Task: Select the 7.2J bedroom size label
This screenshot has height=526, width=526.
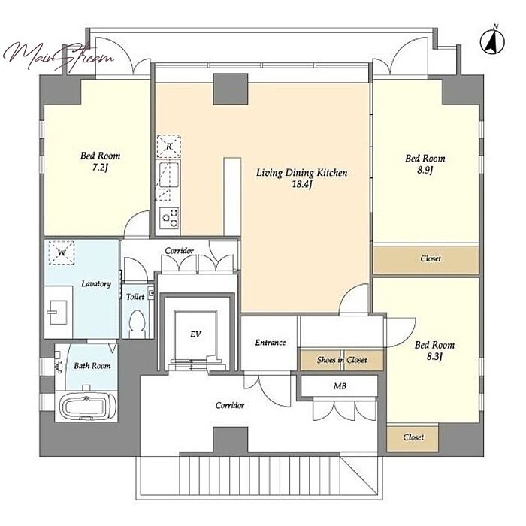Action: [100, 168]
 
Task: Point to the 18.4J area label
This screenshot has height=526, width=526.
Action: [302, 184]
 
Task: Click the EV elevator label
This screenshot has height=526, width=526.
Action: [195, 334]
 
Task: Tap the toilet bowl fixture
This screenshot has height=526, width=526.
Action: [138, 323]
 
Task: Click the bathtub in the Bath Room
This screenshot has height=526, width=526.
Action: [86, 407]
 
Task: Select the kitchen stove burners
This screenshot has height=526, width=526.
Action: [169, 218]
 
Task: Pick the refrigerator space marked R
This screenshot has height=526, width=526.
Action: [169, 147]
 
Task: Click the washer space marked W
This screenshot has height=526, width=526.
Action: [62, 252]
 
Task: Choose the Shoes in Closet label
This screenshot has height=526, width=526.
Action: [342, 360]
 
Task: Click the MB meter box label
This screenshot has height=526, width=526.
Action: [340, 386]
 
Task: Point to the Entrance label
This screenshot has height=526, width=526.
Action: [271, 343]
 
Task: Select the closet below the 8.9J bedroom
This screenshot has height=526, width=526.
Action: [426, 259]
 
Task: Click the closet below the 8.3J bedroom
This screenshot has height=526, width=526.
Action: [413, 438]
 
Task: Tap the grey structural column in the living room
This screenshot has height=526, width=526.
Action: [231, 89]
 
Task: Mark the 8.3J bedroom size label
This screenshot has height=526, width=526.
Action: [435, 357]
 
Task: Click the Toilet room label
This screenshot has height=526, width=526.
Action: [135, 297]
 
